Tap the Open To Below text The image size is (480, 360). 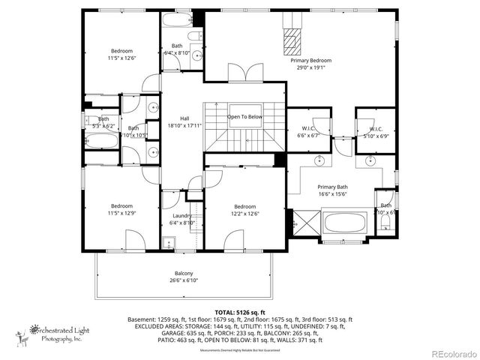point(244,117)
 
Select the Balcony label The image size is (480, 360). point(184,273)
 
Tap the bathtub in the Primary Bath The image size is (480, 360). point(346,223)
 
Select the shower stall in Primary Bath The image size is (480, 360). point(306,223)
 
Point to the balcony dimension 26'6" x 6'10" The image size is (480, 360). point(184,280)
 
